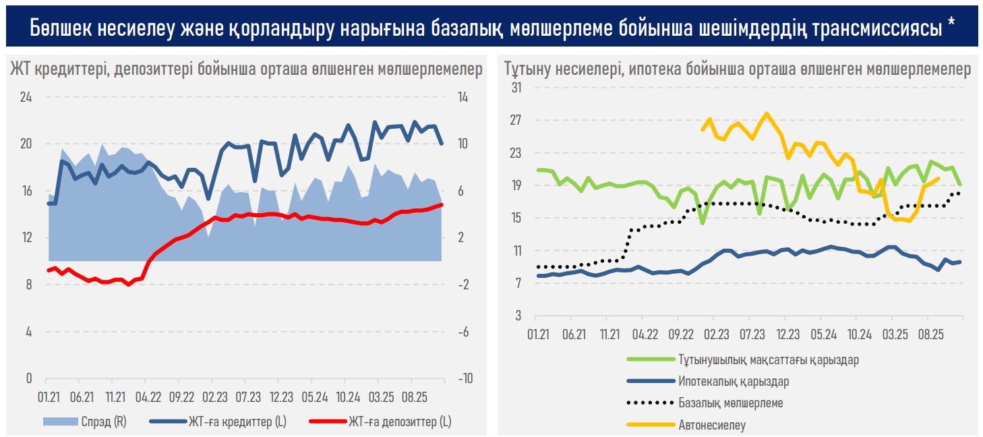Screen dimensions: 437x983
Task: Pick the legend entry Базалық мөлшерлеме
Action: click(x=730, y=403)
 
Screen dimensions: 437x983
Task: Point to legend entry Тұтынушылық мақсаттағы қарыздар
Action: click(x=769, y=360)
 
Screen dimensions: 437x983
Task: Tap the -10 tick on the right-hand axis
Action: click(x=465, y=378)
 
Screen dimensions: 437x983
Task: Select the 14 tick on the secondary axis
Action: click(x=463, y=97)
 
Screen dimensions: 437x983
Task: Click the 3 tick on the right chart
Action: click(x=518, y=316)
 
